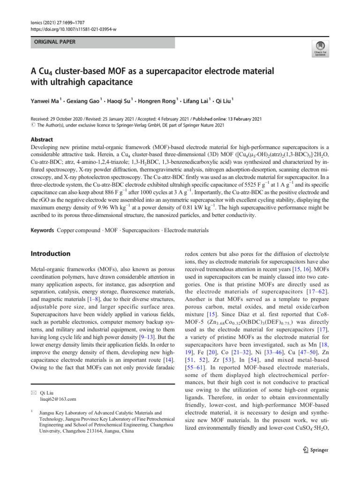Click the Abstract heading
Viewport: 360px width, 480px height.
pyautogui.click(x=42, y=140)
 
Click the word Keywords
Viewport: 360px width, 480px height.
pyautogui.click(x=42, y=230)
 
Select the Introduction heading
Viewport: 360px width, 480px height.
pyautogui.click(x=51, y=254)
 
